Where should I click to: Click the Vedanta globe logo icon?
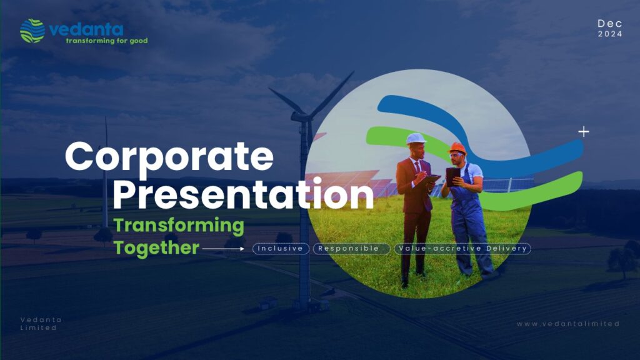pyautogui.click(x=32, y=31)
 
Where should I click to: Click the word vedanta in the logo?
pyautogui.click(x=86, y=29)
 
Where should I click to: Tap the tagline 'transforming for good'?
pyautogui.click(x=106, y=41)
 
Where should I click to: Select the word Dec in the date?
pyautogui.click(x=610, y=23)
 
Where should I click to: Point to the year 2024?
pyautogui.click(x=610, y=34)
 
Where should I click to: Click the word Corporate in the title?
pyautogui.click(x=169, y=157)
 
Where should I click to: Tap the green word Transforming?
pyautogui.click(x=179, y=226)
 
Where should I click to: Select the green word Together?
pyautogui.click(x=156, y=247)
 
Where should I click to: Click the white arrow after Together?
pyautogui.click(x=223, y=248)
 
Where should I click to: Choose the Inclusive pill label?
pyautogui.click(x=281, y=248)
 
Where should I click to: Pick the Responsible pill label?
pyautogui.click(x=351, y=248)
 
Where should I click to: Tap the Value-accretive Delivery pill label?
pyautogui.click(x=462, y=248)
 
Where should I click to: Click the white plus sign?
pyautogui.click(x=584, y=131)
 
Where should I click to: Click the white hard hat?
pyautogui.click(x=416, y=139)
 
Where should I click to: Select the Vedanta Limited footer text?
pyautogui.click(x=41, y=324)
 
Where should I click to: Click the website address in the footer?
pyautogui.click(x=567, y=324)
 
